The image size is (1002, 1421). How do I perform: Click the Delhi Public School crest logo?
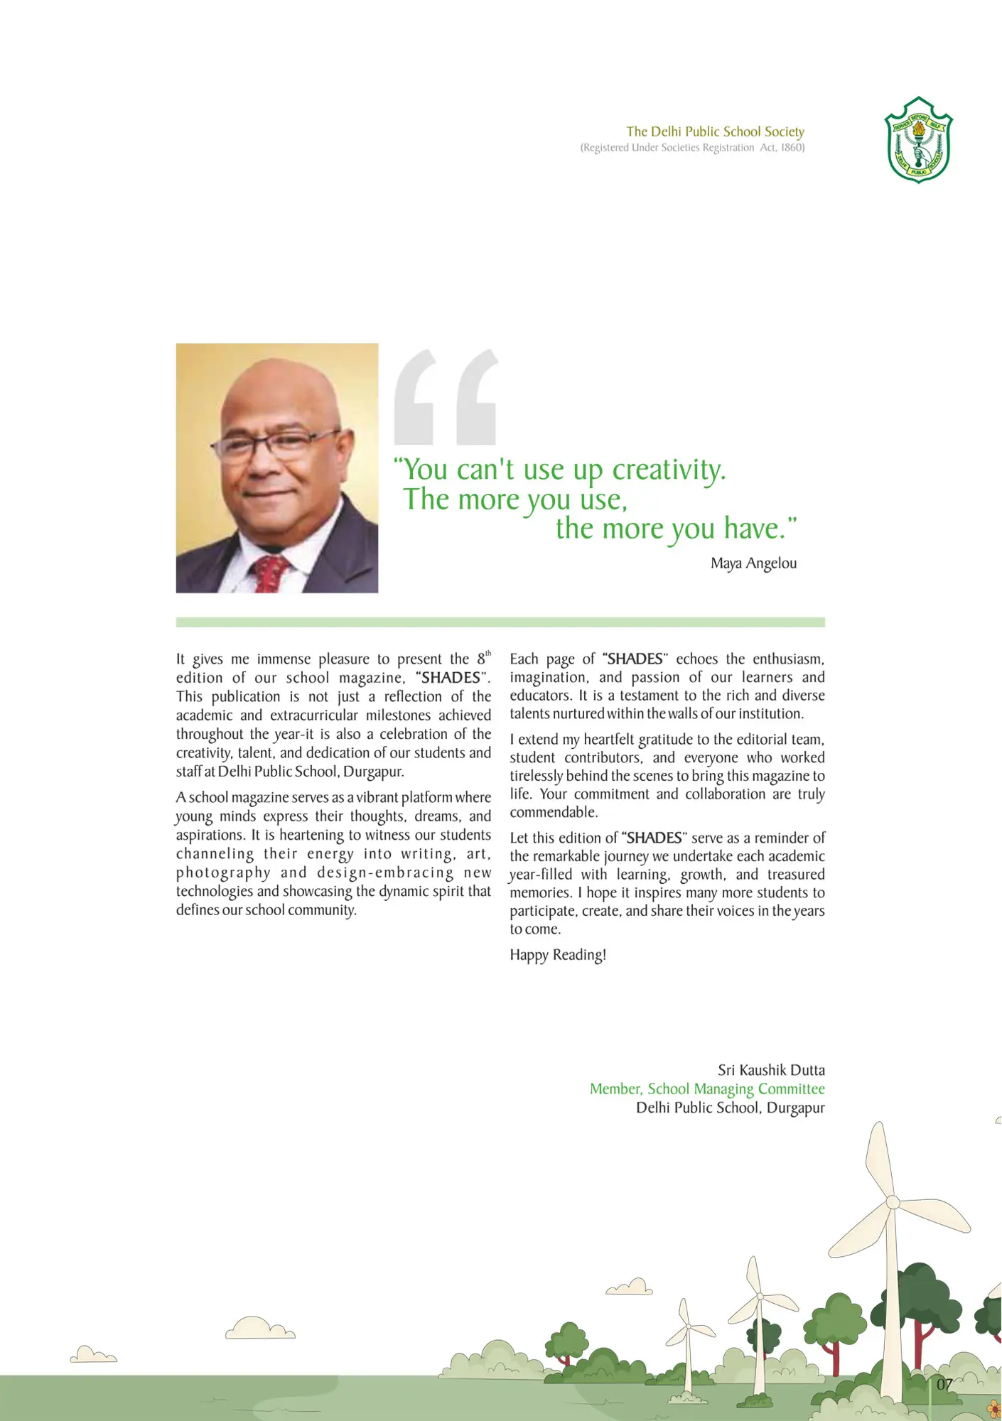pos(918,140)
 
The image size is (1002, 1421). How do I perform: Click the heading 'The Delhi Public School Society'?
pos(715,131)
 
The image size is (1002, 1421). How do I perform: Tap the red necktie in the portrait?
pos(270,573)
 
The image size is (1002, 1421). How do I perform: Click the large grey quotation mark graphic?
pos(446,397)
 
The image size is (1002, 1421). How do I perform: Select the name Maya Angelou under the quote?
pos(753,563)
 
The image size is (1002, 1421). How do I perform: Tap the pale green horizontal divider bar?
pos(500,622)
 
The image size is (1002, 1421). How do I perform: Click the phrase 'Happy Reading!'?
pos(558,955)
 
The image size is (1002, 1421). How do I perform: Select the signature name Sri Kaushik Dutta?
pos(771,1070)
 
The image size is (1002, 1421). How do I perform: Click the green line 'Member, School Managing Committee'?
pos(707,1089)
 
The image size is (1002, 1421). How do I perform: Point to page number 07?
pos(944,1384)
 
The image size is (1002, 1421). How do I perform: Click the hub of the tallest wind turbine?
pos(893,1203)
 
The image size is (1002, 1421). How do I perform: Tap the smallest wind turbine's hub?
pos(688,1327)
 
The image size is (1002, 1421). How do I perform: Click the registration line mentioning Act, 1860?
pos(692,148)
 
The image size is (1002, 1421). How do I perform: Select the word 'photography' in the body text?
pos(223,872)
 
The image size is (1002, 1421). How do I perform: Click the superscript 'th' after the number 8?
pos(488,653)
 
